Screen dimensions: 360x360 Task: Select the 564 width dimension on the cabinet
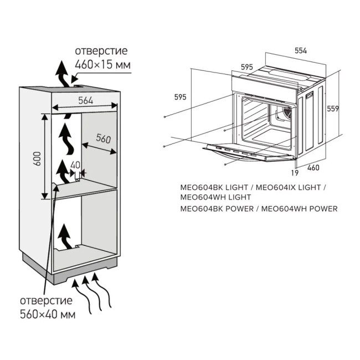coord(85,100)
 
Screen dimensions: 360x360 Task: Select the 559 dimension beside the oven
coord(332,108)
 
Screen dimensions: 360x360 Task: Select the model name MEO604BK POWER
coord(217,209)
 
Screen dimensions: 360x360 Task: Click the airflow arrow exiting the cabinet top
coord(63,73)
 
